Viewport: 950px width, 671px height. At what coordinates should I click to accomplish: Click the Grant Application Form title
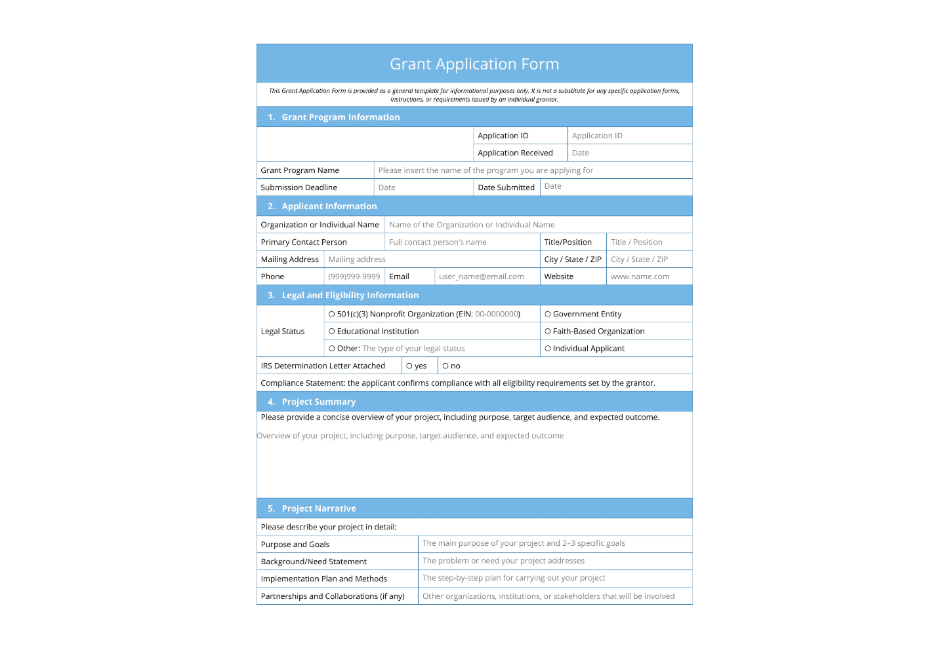pos(474,64)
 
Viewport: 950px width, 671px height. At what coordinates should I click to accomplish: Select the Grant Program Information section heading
pos(341,117)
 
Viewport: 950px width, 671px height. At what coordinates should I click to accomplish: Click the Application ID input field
pos(629,136)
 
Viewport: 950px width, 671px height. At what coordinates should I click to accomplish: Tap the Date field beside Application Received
pos(629,153)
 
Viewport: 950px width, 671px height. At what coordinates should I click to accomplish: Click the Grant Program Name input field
pos(532,170)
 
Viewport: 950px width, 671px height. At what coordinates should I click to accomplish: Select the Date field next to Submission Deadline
pos(423,187)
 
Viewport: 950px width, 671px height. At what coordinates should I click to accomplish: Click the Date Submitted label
pos(506,187)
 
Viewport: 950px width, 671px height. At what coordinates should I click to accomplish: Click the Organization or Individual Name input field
pos(537,225)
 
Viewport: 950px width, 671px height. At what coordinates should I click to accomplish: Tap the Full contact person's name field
pos(462,242)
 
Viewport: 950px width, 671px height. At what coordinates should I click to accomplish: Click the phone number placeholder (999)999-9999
pos(354,277)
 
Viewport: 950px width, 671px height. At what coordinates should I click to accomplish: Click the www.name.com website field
pos(648,277)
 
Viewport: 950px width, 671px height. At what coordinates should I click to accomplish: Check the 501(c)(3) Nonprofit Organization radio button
pos(332,315)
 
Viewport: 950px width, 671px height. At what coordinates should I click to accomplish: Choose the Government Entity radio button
pos(548,315)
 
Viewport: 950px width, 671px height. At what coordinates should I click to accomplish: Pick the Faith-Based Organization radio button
pos(548,332)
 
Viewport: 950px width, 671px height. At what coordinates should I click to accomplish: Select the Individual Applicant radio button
pos(548,349)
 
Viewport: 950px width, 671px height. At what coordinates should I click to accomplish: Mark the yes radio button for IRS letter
pos(409,366)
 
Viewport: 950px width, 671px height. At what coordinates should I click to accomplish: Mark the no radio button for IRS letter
pos(445,366)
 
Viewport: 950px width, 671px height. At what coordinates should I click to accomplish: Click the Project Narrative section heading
pos(319,508)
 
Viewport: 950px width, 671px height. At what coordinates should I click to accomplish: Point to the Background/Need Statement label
pos(314,562)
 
